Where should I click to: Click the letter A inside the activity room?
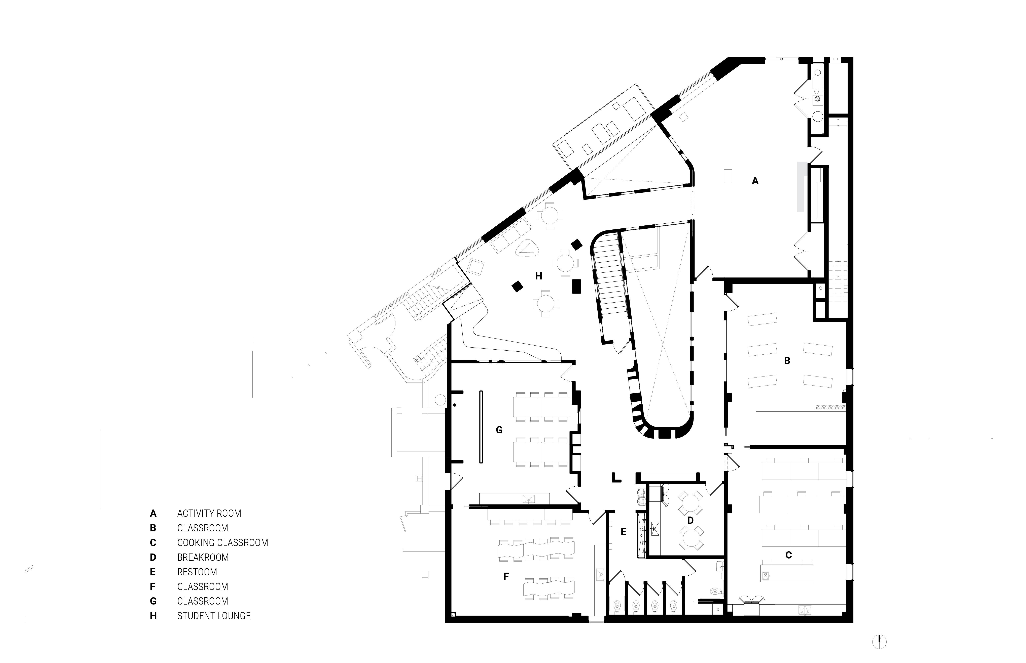(x=755, y=181)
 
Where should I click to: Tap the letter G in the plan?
(x=499, y=430)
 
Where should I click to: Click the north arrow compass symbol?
(x=879, y=642)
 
